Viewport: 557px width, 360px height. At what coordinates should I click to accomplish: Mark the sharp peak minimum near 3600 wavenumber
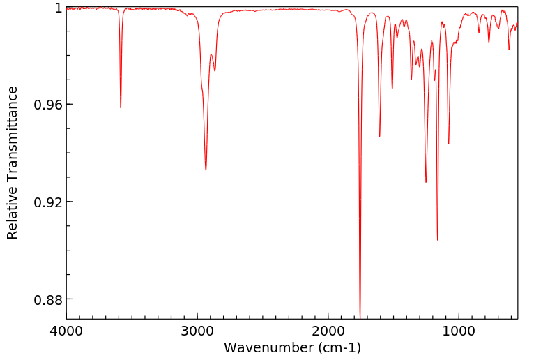pyautogui.click(x=121, y=107)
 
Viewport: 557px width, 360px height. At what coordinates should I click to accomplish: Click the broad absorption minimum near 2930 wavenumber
pyautogui.click(x=206, y=170)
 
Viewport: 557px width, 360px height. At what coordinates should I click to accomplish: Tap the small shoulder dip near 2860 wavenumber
pyautogui.click(x=215, y=70)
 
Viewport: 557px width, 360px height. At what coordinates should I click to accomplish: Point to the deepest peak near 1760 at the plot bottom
pyautogui.click(x=360, y=315)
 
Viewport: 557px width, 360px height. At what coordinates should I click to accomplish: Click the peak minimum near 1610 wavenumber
pyautogui.click(x=379, y=137)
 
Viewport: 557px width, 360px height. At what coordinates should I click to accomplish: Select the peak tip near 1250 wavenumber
pyautogui.click(x=426, y=182)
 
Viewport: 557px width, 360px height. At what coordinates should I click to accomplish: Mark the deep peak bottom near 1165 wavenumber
pyautogui.click(x=437, y=239)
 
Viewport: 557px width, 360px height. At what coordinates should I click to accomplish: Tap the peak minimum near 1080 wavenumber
pyautogui.click(x=448, y=144)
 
